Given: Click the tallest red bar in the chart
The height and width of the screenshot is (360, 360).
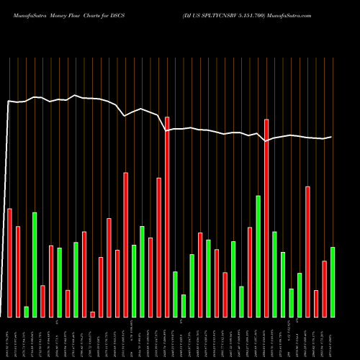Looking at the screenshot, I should (167, 216).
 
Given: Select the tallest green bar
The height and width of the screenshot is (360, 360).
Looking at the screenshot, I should (258, 256).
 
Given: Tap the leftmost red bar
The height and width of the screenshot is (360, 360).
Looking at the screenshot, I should (9, 262).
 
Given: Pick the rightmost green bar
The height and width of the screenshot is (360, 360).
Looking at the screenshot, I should (333, 282).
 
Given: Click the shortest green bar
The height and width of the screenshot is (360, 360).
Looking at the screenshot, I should (26, 311).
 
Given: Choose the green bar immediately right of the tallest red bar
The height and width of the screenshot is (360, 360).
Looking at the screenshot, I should (175, 294).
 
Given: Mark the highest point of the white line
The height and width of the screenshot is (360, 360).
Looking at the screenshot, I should (75, 94).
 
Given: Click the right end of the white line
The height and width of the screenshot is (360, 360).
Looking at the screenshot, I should (332, 137).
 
